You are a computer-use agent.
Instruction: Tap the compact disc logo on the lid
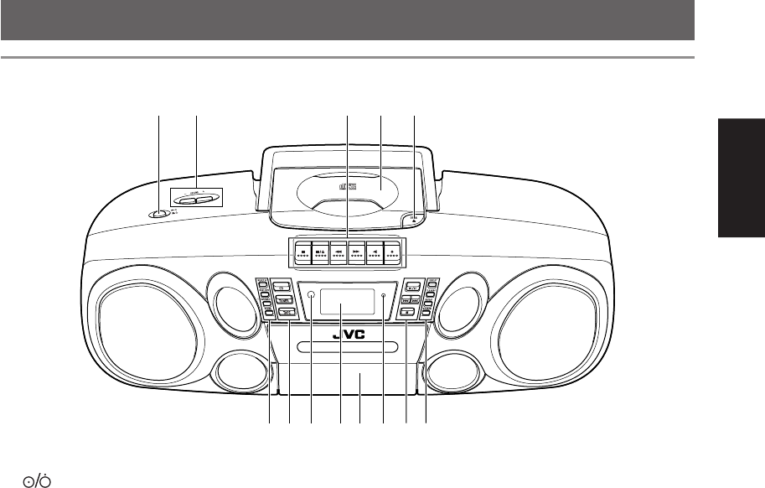[352, 188]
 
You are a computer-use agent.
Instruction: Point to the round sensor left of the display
[311, 296]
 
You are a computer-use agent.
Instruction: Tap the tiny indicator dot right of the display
[383, 296]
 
